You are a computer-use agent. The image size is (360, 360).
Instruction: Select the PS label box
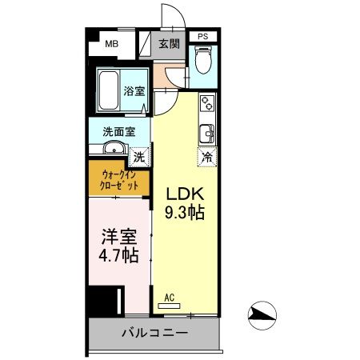(x=203, y=36)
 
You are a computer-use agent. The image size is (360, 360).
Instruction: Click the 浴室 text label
(x=134, y=91)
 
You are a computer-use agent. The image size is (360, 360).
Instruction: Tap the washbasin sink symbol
(x=112, y=147)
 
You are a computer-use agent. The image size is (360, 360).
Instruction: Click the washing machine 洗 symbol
(x=139, y=156)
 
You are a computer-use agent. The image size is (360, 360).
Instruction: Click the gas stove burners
(x=207, y=104)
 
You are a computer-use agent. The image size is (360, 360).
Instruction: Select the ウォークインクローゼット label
(x=119, y=178)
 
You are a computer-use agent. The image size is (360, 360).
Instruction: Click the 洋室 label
(x=117, y=238)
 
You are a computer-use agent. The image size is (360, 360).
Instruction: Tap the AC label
(x=169, y=298)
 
